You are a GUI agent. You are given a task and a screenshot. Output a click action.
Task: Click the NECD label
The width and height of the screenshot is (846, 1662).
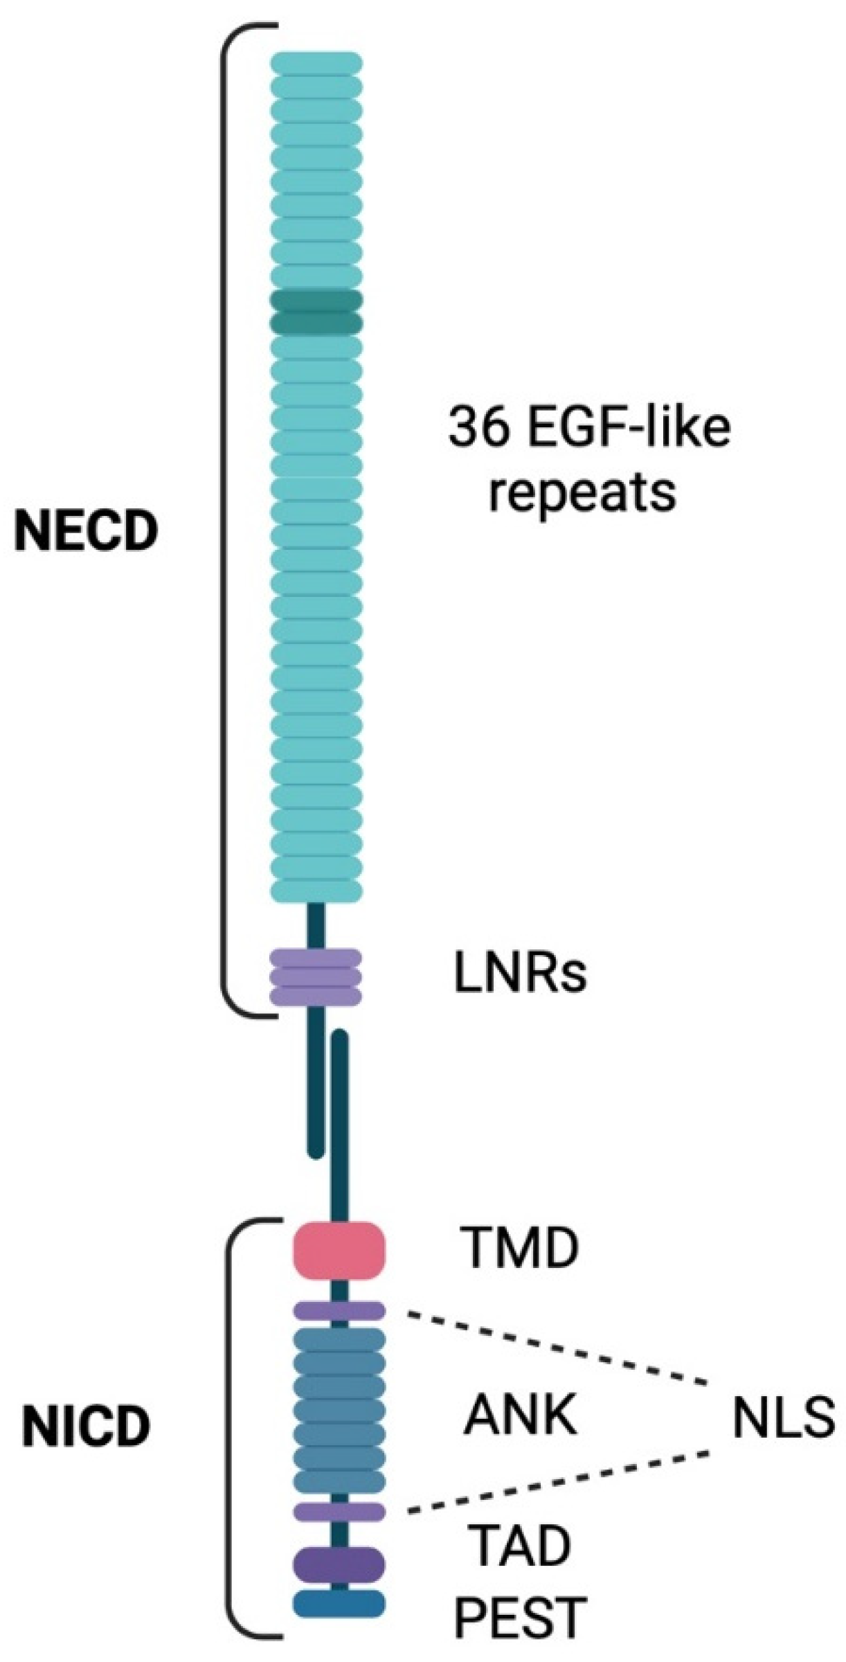click(86, 532)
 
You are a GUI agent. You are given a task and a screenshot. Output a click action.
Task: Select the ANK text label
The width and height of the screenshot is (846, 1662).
click(520, 1415)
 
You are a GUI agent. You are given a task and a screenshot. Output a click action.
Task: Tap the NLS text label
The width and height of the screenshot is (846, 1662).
click(783, 1418)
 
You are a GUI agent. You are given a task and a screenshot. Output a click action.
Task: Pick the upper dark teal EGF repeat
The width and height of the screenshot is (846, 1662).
click(316, 300)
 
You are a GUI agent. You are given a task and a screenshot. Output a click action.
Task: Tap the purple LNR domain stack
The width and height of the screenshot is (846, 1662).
click(315, 976)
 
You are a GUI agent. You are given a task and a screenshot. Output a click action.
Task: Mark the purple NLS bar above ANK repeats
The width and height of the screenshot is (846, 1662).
click(339, 1311)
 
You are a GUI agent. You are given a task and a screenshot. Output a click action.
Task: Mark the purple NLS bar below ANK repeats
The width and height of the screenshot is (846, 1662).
click(339, 1512)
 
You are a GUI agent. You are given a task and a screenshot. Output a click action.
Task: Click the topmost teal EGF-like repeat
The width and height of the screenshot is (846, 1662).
click(316, 63)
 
